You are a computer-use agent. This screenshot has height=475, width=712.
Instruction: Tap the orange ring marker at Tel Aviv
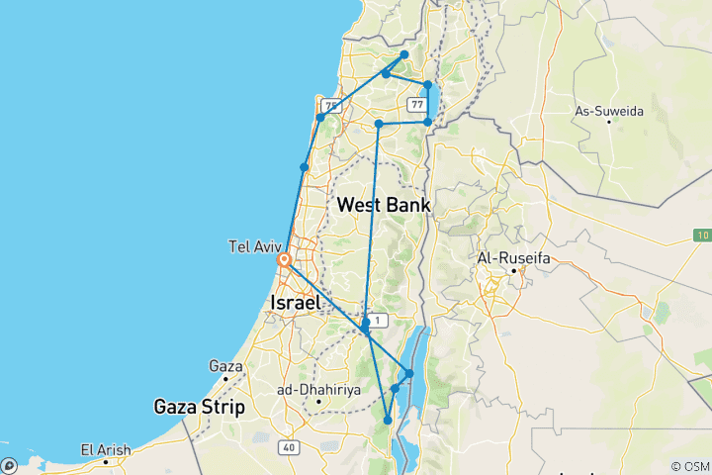coord(284,261)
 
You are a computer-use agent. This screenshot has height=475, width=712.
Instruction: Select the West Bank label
coord(383,205)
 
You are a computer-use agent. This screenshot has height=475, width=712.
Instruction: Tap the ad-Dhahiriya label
coord(315,390)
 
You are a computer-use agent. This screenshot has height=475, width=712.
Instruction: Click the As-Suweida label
coord(609,111)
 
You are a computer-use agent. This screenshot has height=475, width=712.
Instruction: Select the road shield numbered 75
coord(330,106)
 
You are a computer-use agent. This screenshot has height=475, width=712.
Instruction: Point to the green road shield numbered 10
coord(702,235)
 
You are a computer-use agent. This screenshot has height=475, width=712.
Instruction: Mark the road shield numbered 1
coord(381,319)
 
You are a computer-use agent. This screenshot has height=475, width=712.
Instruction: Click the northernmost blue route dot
coord(404,55)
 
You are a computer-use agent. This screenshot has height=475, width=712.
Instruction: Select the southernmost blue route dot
coord(388,421)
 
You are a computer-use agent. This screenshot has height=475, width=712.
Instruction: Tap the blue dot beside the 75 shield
coord(320,118)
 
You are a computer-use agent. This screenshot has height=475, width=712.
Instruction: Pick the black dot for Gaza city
coord(225,377)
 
